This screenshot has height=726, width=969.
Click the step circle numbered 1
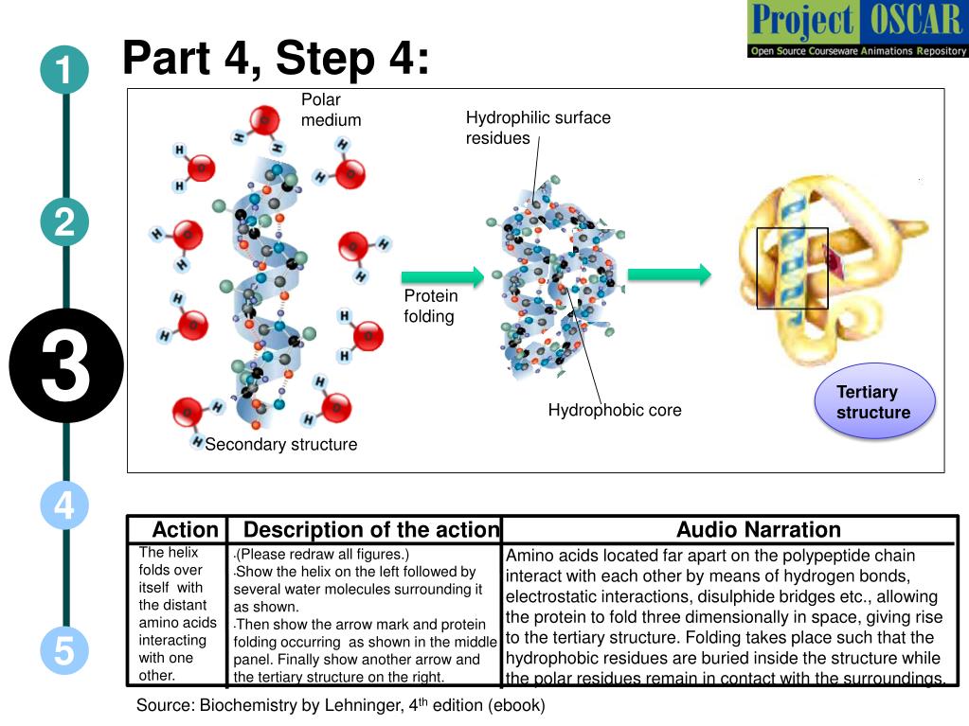pos(65,70)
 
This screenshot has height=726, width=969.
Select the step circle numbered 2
pos(65,222)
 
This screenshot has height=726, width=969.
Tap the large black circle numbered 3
pos(66,365)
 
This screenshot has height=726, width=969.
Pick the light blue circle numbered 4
pos(65,505)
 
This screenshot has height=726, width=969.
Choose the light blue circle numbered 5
pos(65,650)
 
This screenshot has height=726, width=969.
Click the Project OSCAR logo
pos(857,29)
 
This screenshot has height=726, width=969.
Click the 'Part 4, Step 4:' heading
pos(276,58)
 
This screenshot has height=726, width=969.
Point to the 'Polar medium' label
pos(331,110)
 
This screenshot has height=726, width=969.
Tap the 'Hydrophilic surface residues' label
pos(538,127)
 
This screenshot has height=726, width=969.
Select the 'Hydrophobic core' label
pos(615,410)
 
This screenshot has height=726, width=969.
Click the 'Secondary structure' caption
pos(281,445)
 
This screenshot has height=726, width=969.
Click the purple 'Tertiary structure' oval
pos(874,401)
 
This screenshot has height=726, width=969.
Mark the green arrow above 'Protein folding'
pos(442,276)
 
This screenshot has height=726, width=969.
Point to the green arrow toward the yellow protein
pos(670,274)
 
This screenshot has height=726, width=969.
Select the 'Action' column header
pos(186,530)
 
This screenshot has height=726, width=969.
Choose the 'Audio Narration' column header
pos(759,530)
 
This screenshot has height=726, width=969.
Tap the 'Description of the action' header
pos(371,530)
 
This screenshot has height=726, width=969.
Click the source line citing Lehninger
pos(340,705)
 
